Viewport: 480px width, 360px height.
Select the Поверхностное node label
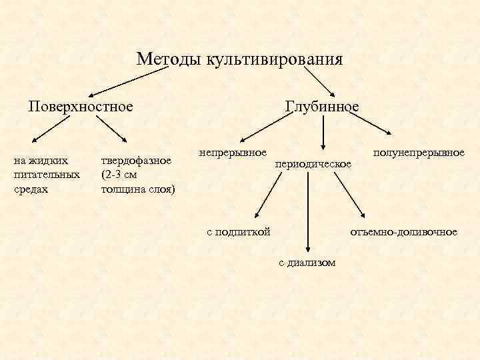(80, 106)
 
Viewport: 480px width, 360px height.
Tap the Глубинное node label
(322, 107)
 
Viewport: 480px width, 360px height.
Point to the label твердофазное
(136, 160)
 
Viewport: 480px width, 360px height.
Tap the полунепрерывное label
(419, 153)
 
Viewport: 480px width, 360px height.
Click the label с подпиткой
(238, 231)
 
